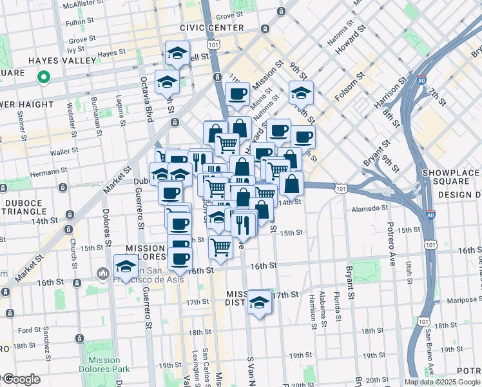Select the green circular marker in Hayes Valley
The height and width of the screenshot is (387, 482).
43,78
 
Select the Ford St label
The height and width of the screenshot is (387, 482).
30,330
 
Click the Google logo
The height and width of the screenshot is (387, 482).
22,379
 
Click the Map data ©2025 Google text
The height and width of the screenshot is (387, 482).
441,382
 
